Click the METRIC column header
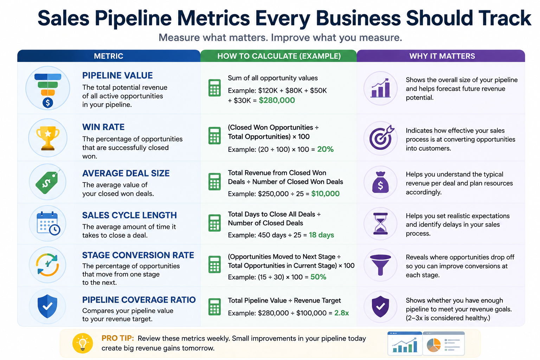(x=109, y=56)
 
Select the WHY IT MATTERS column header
(x=442, y=56)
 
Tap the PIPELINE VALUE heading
(x=117, y=76)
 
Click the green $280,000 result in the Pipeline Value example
(x=277, y=100)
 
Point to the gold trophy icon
(x=48, y=138)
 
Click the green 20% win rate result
(x=325, y=149)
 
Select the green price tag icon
(x=47, y=182)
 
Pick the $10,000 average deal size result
(x=325, y=194)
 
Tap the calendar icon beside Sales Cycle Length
(x=48, y=223)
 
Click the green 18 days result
(x=321, y=235)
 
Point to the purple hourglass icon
(x=380, y=224)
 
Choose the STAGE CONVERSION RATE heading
(x=138, y=255)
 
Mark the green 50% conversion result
(x=318, y=277)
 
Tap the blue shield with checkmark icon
(x=47, y=306)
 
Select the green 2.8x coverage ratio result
(x=342, y=313)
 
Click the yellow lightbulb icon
(x=83, y=343)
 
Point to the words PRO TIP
(x=118, y=338)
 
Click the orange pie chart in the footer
(x=434, y=345)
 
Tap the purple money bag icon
(x=380, y=182)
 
